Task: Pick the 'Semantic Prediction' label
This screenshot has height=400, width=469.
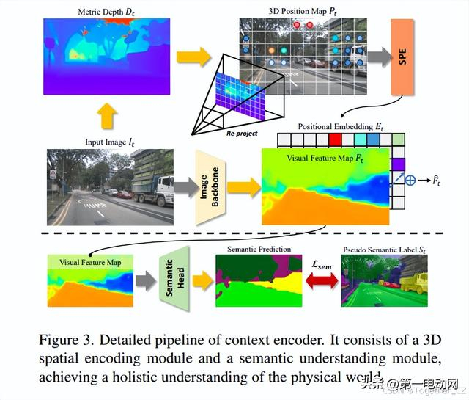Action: coord(261,250)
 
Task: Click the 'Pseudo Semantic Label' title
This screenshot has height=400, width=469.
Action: coord(386,250)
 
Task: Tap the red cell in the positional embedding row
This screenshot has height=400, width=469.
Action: coord(336,139)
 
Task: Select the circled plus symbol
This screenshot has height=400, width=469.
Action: coord(413,178)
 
